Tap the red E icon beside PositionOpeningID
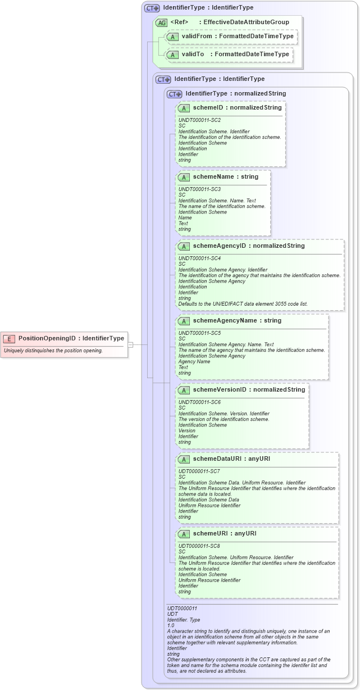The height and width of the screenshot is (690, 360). tap(10, 338)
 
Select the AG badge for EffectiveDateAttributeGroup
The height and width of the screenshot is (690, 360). tap(161, 22)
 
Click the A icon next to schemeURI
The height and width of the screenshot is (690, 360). tap(184, 533)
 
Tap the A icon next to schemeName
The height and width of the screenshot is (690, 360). tap(184, 176)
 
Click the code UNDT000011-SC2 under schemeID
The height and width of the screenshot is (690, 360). tap(199, 120)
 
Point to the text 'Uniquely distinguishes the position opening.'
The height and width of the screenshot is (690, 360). tap(53, 351)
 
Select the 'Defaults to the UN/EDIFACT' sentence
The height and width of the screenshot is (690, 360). tap(243, 304)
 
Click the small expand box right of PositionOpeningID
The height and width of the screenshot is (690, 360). tap(130, 344)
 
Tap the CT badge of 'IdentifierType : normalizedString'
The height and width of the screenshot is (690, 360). tap(175, 94)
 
